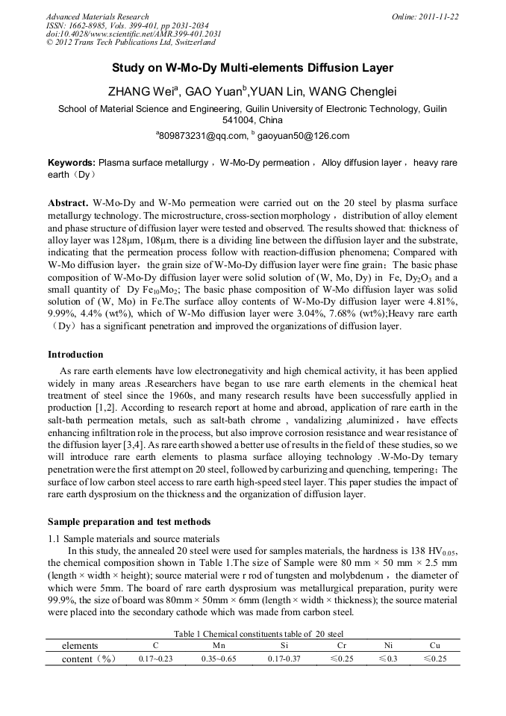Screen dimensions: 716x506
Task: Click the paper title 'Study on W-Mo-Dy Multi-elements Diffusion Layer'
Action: pos(252,68)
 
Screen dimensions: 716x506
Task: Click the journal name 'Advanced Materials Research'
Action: pos(97,16)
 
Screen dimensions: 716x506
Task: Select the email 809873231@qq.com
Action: pos(202,136)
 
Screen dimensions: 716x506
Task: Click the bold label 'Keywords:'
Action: pos(72,163)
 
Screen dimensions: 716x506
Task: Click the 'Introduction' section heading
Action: pos(75,354)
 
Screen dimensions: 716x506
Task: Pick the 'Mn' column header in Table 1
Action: pos(219,645)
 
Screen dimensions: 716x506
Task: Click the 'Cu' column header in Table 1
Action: pos(435,645)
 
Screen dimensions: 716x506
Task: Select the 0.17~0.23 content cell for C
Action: pos(156,659)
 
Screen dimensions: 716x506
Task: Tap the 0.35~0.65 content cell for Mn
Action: pos(219,659)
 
